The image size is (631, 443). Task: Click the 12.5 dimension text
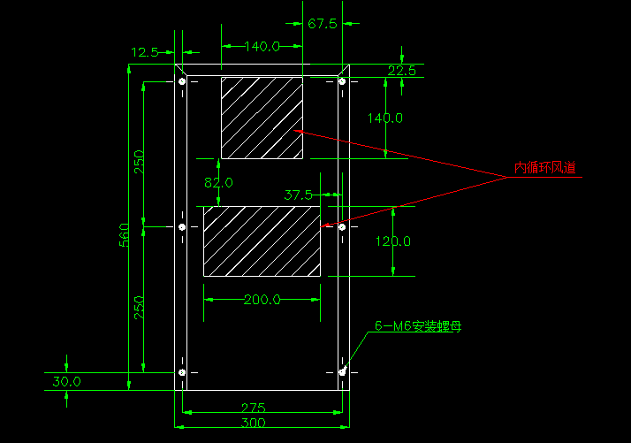click(x=144, y=53)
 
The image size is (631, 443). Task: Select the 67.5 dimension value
click(x=323, y=24)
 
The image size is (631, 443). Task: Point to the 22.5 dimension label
click(x=401, y=71)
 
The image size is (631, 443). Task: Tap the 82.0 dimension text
click(x=218, y=183)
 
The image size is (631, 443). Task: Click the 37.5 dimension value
click(x=299, y=194)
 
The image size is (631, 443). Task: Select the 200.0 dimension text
click(x=262, y=300)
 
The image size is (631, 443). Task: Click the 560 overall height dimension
click(x=125, y=235)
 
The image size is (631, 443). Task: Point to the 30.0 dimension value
click(x=66, y=382)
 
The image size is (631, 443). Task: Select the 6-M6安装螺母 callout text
click(x=418, y=326)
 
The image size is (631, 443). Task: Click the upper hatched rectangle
click(x=262, y=118)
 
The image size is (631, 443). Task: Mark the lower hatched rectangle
click(x=262, y=241)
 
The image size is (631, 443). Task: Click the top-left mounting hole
click(x=182, y=82)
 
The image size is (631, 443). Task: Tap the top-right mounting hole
click(x=342, y=82)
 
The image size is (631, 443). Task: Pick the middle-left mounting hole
click(x=182, y=227)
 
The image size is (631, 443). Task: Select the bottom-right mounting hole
click(x=342, y=373)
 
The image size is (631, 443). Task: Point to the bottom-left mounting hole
click(x=182, y=373)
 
